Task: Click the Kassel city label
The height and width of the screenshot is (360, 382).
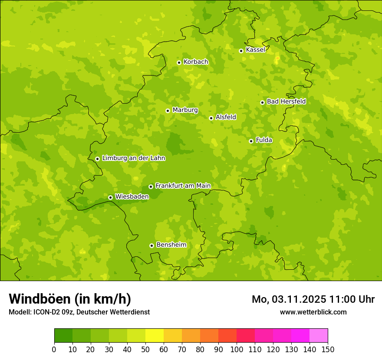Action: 255,50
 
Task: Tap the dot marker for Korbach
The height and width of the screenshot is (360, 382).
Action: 179,62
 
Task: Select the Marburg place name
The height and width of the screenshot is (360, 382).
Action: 185,110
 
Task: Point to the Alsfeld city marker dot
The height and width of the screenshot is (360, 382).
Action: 211,118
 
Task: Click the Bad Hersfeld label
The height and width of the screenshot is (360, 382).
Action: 286,101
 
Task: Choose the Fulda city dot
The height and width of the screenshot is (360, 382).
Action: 251,141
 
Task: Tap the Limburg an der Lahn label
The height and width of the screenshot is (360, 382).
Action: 133,158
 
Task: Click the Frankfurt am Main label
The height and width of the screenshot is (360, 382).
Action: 183,186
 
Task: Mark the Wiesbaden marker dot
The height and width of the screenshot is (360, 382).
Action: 110,197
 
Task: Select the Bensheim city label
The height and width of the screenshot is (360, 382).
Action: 171,245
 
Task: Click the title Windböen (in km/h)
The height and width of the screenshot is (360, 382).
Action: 70,299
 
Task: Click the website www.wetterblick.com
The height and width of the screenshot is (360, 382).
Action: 313,312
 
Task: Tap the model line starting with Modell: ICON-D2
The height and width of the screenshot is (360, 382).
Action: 79,312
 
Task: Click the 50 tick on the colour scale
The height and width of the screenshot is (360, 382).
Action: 145,350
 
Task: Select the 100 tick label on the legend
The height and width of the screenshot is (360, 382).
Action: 237,350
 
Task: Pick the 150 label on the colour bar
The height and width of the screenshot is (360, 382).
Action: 328,350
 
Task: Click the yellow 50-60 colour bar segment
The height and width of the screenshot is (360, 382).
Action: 155,336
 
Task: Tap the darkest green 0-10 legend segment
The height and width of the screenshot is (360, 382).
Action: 63,336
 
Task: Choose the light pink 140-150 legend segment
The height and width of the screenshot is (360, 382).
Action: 319,336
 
